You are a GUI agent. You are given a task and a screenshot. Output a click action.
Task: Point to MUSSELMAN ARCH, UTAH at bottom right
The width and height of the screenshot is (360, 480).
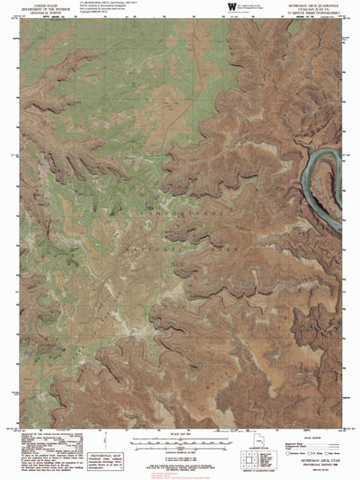[319, 458]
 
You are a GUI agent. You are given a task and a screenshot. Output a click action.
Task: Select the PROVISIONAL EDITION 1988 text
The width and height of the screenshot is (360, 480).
[319, 464]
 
